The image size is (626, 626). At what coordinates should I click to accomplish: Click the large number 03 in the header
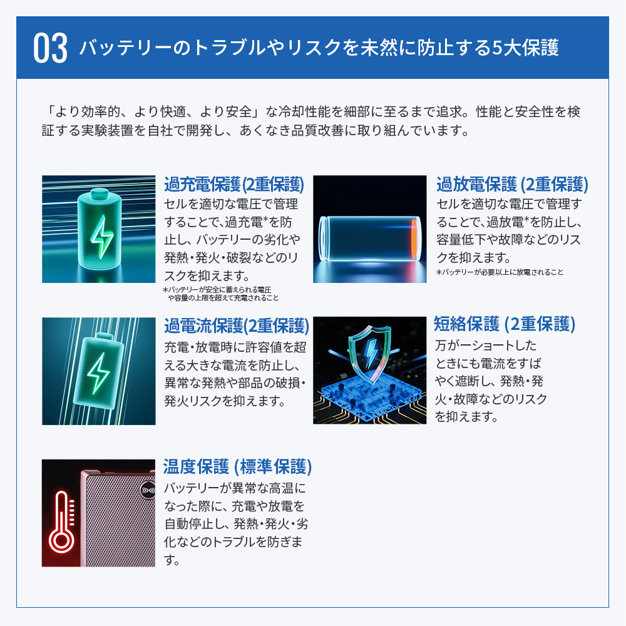pyautogui.click(x=50, y=48)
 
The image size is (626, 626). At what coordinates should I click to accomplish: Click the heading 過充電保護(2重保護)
pyautogui.click(x=234, y=185)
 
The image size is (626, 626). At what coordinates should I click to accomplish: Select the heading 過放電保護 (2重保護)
pyautogui.click(x=512, y=185)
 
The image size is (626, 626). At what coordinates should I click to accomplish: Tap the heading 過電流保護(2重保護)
pyautogui.click(x=237, y=326)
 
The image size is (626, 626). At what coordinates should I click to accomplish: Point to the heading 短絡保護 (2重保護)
pyautogui.click(x=505, y=324)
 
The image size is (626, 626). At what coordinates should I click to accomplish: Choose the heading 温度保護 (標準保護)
pyautogui.click(x=237, y=467)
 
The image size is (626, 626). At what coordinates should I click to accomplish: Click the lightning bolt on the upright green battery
pyautogui.click(x=102, y=237)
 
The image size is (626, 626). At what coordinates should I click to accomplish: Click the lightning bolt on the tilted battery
pyautogui.click(x=98, y=373)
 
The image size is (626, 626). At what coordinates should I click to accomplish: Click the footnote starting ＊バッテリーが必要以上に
pyautogui.click(x=500, y=272)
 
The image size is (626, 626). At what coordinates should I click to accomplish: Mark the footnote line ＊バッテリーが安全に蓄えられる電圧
pyautogui.click(x=217, y=290)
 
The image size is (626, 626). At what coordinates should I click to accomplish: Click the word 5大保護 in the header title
pyautogui.click(x=525, y=48)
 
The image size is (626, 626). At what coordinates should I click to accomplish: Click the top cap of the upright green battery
pyautogui.click(x=100, y=193)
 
